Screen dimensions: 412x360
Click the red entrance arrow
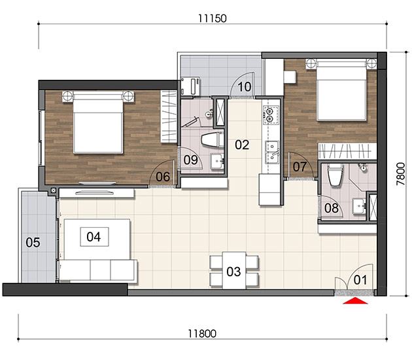[x=355, y=300]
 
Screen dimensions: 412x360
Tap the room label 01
[x=360, y=280]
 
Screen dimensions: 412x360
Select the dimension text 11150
[x=213, y=19]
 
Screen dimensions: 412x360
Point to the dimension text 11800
[x=202, y=334]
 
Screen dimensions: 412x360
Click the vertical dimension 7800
[x=401, y=174]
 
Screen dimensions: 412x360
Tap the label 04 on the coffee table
[x=94, y=237]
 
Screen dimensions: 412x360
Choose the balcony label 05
[x=33, y=242]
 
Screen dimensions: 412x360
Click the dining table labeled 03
[x=234, y=270]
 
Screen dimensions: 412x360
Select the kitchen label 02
[x=242, y=145]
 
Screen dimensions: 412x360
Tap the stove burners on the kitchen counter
[x=270, y=115]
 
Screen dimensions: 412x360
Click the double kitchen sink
[x=272, y=153]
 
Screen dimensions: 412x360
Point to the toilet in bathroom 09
[x=213, y=139]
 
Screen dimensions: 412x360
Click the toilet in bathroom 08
[x=335, y=175]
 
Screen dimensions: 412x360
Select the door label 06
[x=163, y=177]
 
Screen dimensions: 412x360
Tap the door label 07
[x=300, y=167]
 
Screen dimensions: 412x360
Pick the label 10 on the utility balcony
[x=245, y=87]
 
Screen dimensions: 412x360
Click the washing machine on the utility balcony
[x=190, y=86]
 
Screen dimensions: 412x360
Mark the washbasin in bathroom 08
[x=358, y=206]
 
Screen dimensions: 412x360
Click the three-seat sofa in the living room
[x=97, y=270]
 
